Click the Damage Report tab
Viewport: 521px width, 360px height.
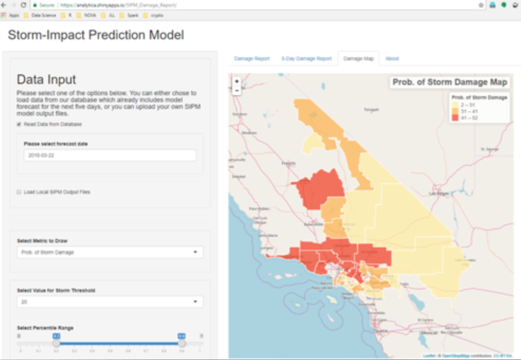[x=251, y=59]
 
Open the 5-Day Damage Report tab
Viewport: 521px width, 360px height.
[x=306, y=59]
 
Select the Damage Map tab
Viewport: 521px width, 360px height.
[x=358, y=59]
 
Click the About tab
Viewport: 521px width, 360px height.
[x=392, y=59]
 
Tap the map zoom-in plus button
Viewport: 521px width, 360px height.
[x=237, y=81]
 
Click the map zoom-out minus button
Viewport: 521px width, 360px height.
[x=237, y=91]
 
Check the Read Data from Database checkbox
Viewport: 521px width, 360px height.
[x=19, y=124]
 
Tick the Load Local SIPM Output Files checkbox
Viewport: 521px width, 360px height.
[x=19, y=192]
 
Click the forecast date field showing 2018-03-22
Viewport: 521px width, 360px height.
[x=109, y=155]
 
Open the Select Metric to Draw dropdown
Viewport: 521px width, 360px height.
[x=109, y=252]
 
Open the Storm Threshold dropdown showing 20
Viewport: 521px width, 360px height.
[x=109, y=302]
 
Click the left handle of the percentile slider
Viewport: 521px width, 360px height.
[x=56, y=344]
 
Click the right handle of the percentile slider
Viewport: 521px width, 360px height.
[x=182, y=344]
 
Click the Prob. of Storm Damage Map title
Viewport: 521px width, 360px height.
[x=450, y=82]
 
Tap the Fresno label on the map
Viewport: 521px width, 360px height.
[x=288, y=163]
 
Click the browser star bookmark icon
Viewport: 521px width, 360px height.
[x=481, y=5]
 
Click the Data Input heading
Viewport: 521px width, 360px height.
[x=46, y=79]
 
